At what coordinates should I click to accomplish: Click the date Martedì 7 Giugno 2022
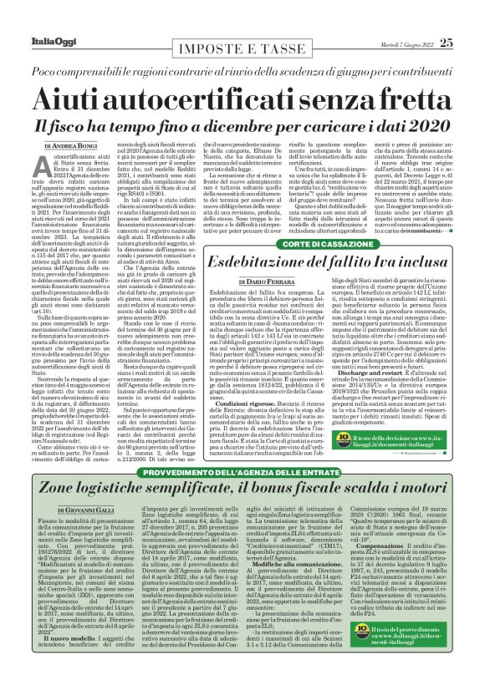pos(401,20)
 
